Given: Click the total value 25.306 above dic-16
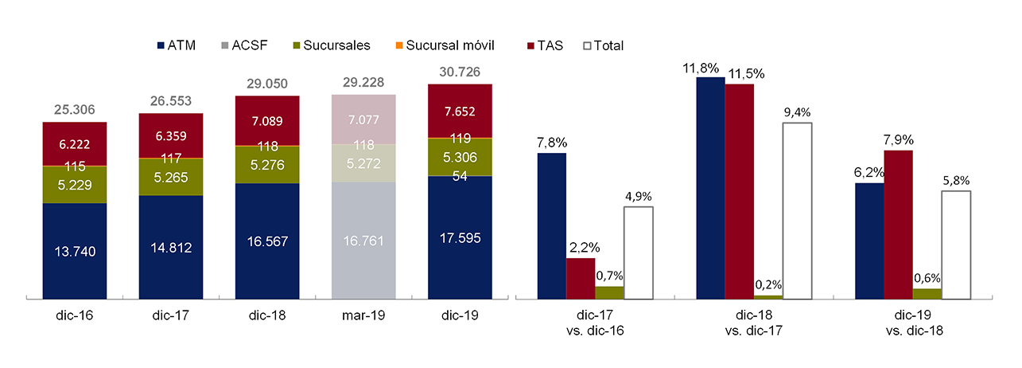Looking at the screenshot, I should click(x=74, y=111).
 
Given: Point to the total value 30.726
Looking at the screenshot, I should click(x=460, y=72).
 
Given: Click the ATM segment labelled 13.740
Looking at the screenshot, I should click(x=74, y=251).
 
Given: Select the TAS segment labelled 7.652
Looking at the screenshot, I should click(x=460, y=111).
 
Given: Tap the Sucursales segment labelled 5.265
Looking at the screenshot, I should click(x=170, y=178).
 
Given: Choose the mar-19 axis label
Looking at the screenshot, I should click(x=363, y=315).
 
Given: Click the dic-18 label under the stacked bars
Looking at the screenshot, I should click(x=266, y=315).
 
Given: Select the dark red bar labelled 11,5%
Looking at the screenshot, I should click(x=740, y=191).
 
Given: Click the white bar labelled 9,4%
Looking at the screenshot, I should click(x=798, y=211).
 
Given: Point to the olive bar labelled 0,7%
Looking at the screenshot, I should click(x=609, y=292).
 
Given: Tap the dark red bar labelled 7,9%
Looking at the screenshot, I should click(x=898, y=224).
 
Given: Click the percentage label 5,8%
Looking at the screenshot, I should click(x=956, y=181).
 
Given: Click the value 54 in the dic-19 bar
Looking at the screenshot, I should click(x=460, y=176).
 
